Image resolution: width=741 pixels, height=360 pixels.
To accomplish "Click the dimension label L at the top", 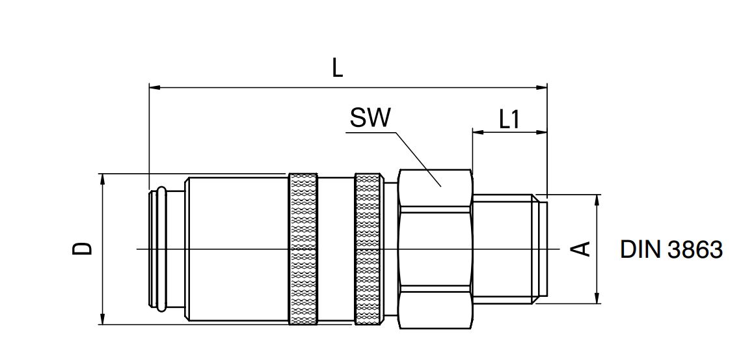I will [x=337, y=68].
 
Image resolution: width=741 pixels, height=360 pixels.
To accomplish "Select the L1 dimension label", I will [x=509, y=119].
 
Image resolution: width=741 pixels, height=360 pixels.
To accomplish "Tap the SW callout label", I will [x=370, y=118].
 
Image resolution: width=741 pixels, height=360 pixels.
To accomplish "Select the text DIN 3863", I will [x=671, y=249].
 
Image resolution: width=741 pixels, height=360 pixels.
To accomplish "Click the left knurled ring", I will [x=303, y=249].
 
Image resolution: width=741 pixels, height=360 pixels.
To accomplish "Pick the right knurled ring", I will [x=369, y=249].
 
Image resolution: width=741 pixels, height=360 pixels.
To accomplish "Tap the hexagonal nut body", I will [x=435, y=249].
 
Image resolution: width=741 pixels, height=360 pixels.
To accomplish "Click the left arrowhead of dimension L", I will [x=154, y=86].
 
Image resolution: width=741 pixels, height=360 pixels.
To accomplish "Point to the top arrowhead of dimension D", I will [x=102, y=178].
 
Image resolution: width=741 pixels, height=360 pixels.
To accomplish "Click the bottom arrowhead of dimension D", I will [x=102, y=320].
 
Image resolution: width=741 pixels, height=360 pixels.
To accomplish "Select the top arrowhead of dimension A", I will [x=597, y=199].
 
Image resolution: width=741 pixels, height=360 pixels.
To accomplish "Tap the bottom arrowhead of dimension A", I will [x=597, y=299].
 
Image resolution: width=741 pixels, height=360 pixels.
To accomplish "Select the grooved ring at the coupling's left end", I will [x=158, y=249].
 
